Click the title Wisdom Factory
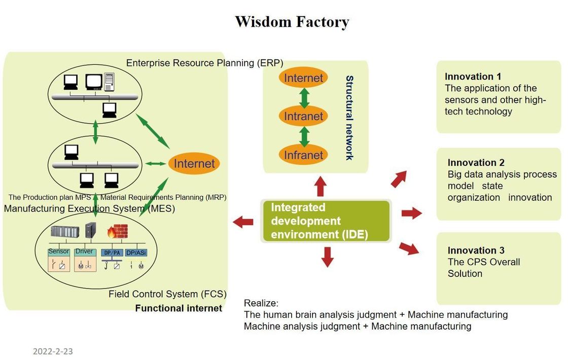click(x=292, y=22)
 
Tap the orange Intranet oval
click(x=304, y=117)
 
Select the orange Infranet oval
click(x=304, y=155)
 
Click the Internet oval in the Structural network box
click(x=304, y=78)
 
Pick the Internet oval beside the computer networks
click(x=194, y=163)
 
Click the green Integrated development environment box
click(x=326, y=221)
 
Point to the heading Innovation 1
click(x=473, y=77)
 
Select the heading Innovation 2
click(x=476, y=163)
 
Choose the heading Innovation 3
click(x=476, y=250)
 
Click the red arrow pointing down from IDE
click(x=328, y=256)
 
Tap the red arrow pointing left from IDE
click(x=243, y=221)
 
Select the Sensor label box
click(x=58, y=251)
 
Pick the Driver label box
click(x=84, y=251)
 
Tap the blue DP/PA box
click(x=111, y=252)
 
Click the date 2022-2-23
click(x=53, y=351)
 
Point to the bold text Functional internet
click(x=179, y=308)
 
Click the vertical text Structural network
click(x=349, y=118)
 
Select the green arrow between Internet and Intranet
click(x=304, y=97)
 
